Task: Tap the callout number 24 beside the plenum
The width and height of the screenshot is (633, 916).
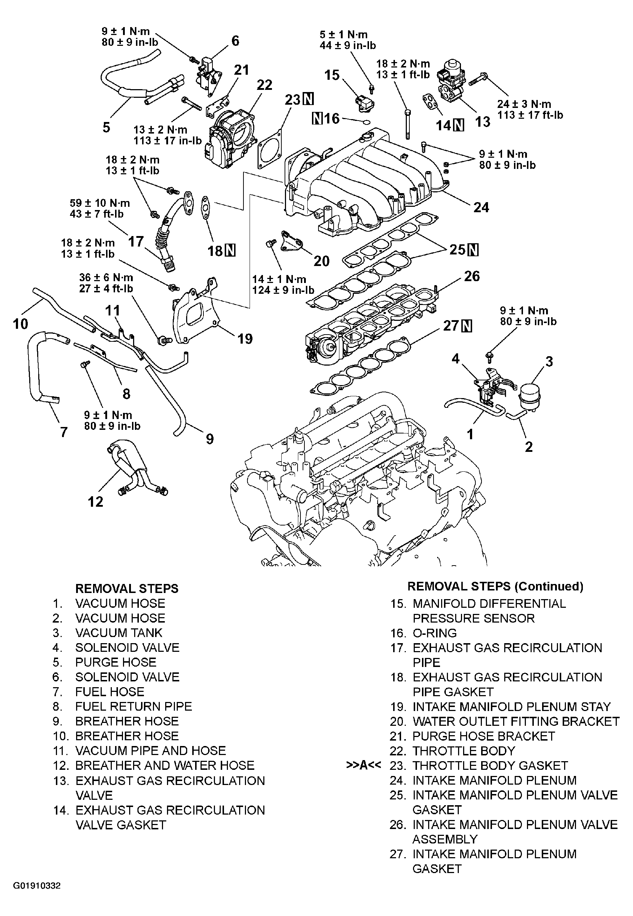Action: click(x=481, y=207)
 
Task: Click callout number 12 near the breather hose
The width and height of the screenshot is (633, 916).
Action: click(x=95, y=502)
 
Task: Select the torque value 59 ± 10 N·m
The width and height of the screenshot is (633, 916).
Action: click(x=100, y=203)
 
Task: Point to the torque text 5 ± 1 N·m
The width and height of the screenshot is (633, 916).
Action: click(x=344, y=35)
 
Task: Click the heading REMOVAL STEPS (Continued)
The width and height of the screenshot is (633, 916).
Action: click(x=495, y=586)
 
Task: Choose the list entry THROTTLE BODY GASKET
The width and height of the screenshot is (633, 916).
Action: click(x=490, y=765)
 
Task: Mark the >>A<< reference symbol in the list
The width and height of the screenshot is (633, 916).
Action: click(x=364, y=765)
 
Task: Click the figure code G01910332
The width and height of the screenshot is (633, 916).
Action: click(x=37, y=885)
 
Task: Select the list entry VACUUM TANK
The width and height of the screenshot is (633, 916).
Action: click(x=119, y=633)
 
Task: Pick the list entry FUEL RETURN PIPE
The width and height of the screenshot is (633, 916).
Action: click(x=134, y=706)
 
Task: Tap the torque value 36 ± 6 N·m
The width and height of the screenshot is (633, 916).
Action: click(x=106, y=278)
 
